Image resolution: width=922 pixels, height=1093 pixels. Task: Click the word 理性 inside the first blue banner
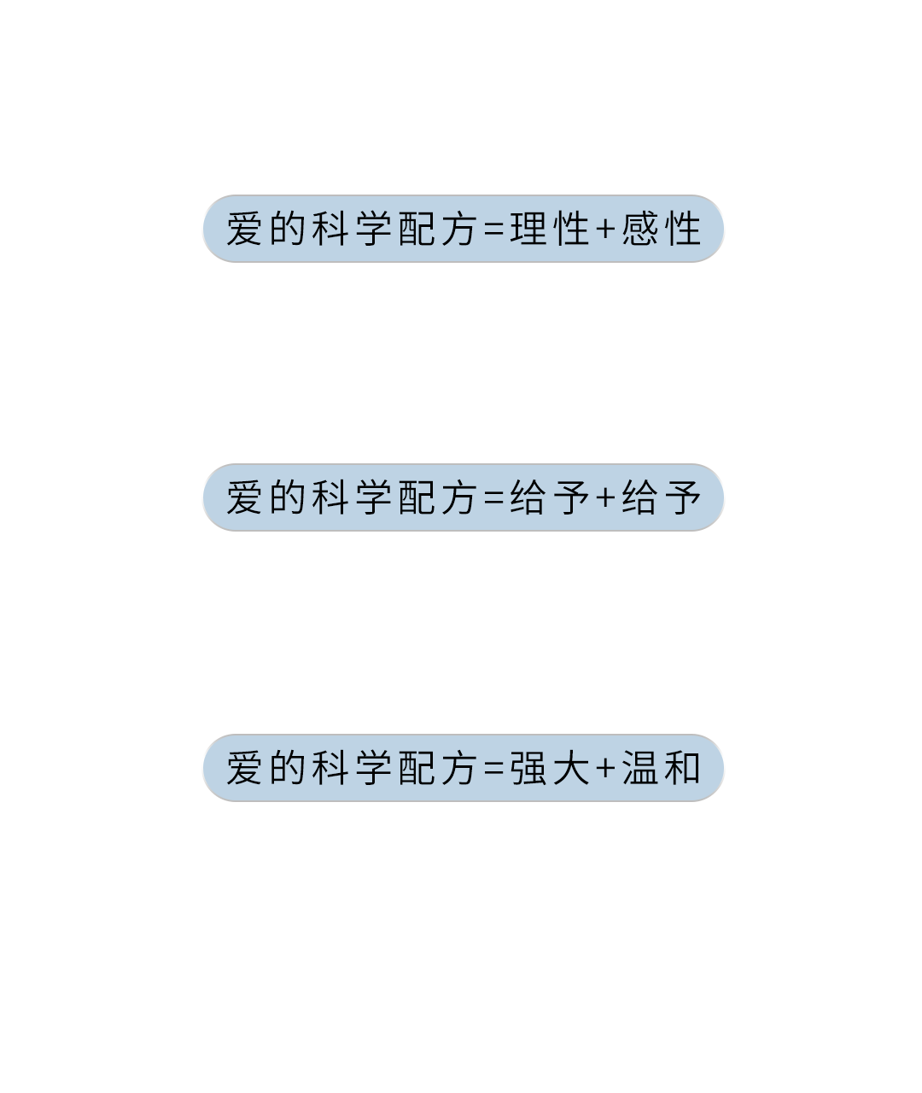coord(549,230)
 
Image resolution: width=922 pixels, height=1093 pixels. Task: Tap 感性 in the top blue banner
coord(662,230)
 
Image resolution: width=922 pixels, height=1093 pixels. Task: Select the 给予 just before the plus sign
coord(549,498)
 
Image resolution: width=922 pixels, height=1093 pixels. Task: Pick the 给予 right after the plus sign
coord(662,498)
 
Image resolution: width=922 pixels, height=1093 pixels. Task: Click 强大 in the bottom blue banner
coord(549,769)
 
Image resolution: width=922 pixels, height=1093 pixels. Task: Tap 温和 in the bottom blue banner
coord(662,769)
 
